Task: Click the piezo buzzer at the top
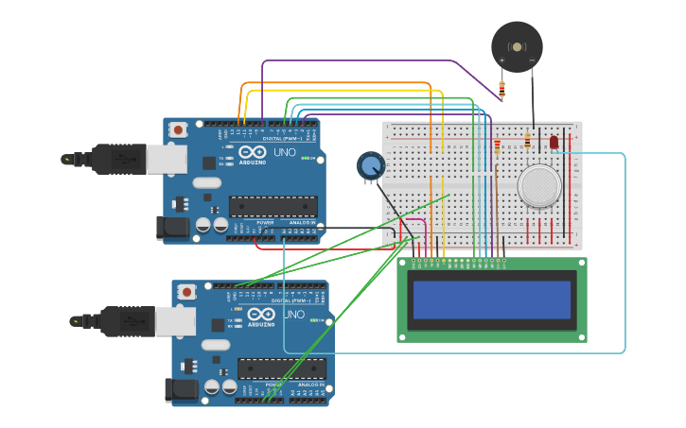(x=517, y=46)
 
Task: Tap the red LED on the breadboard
(x=554, y=142)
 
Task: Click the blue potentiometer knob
(x=370, y=166)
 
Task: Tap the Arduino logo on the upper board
(x=253, y=153)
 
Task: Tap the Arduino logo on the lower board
(x=261, y=315)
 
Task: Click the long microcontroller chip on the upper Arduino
(x=273, y=206)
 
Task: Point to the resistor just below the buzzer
(x=501, y=91)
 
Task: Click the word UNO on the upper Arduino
(x=285, y=152)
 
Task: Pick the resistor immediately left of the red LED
(x=527, y=142)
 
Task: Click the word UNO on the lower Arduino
(x=293, y=314)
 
